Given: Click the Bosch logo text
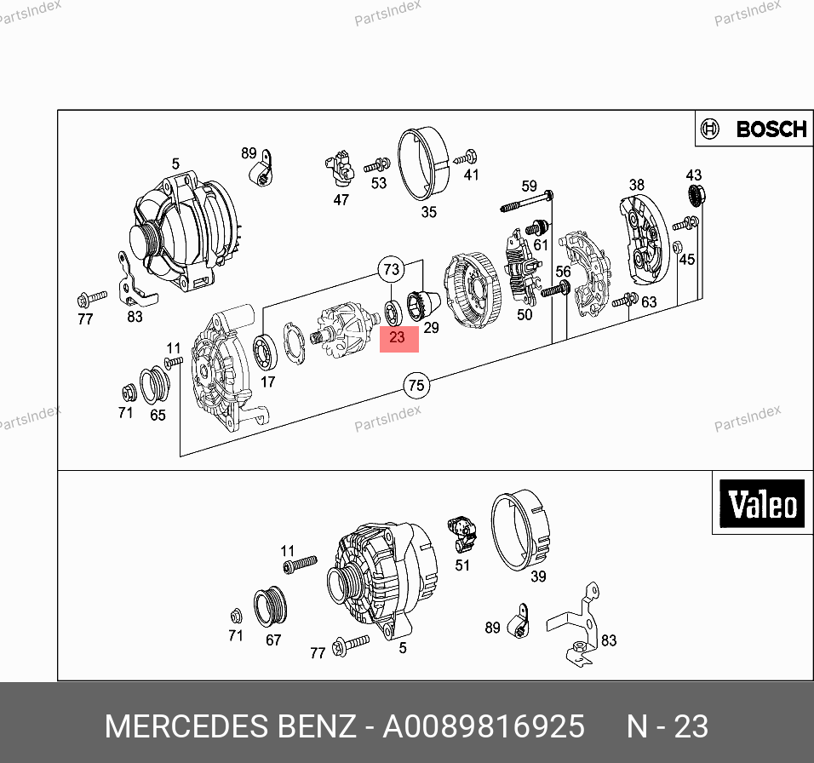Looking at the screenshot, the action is (771, 129).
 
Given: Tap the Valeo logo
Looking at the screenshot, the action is (763, 503).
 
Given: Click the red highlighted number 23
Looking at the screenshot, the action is (397, 337).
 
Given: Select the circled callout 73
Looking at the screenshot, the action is (392, 269).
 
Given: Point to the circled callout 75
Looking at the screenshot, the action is (416, 385).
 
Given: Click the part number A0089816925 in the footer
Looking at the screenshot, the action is (484, 726).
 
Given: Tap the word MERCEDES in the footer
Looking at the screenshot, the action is (186, 726).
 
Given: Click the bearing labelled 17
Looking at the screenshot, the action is (265, 353).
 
